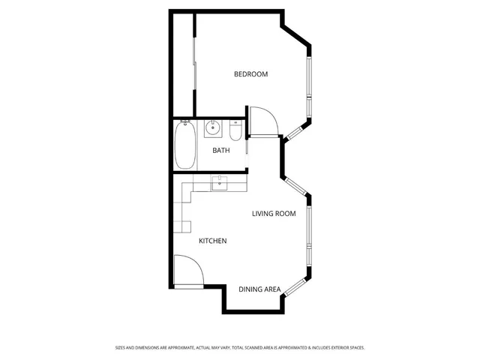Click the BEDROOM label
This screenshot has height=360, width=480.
click(x=250, y=74)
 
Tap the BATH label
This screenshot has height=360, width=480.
click(x=221, y=151)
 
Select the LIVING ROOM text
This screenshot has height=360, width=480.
click(x=273, y=214)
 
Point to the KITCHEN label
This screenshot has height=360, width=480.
click(x=212, y=241)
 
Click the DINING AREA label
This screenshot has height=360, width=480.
click(x=259, y=289)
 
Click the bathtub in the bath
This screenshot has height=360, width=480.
click(x=184, y=145)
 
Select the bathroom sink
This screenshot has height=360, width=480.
click(x=213, y=128)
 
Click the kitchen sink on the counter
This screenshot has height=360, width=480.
click(x=220, y=182)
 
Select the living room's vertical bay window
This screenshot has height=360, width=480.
click(x=308, y=232)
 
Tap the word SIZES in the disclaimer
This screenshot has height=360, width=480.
click(x=120, y=348)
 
